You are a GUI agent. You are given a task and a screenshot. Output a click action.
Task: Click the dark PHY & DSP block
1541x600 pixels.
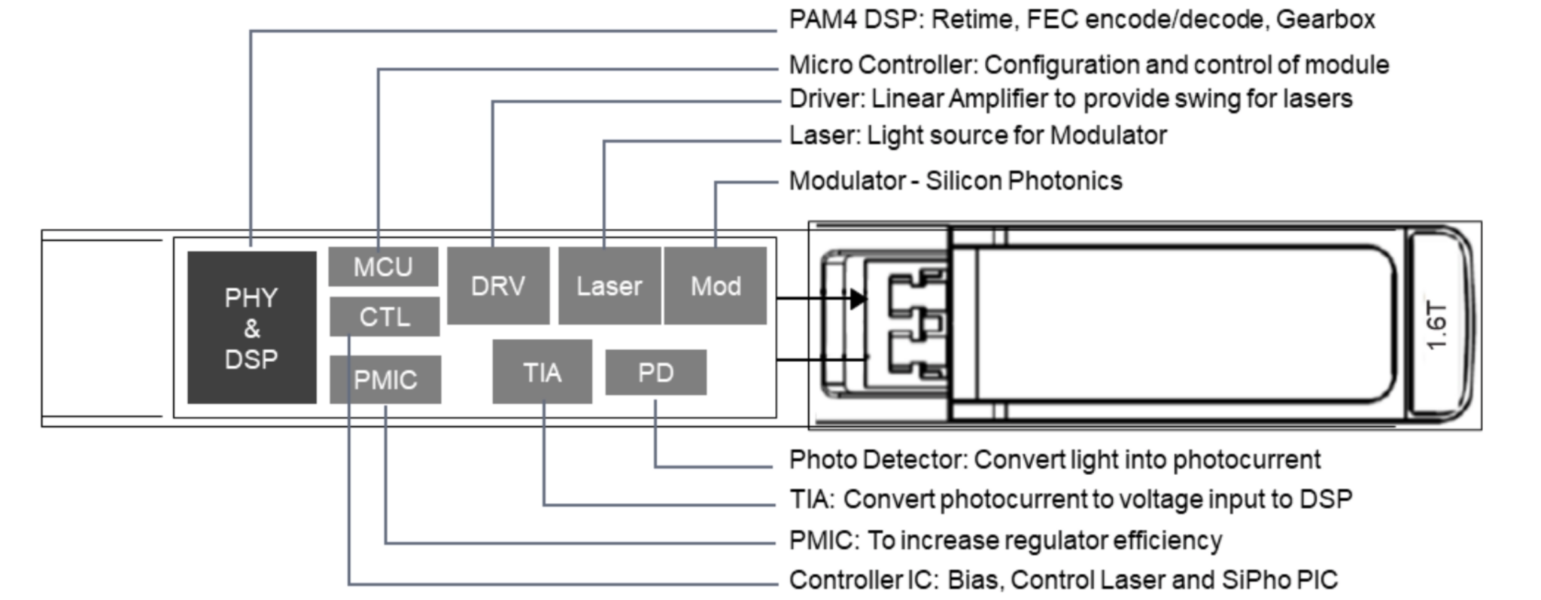tap(251, 327)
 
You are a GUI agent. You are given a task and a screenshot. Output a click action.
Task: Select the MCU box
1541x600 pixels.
tap(383, 266)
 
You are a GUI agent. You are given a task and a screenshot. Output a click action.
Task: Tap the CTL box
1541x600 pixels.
tap(384, 316)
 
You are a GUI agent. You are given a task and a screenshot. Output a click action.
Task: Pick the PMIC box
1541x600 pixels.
tap(385, 379)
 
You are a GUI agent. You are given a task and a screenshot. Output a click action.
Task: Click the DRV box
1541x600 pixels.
tap(498, 286)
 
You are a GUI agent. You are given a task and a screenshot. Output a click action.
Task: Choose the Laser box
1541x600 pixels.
tap(609, 286)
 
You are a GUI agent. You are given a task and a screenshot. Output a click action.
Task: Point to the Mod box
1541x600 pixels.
tap(716, 286)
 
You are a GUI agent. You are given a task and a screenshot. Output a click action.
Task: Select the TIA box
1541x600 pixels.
tap(542, 372)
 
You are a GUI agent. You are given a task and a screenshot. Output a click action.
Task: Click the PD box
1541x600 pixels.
tap(655, 372)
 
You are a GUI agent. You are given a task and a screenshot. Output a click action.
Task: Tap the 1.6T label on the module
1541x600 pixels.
tap(1436, 326)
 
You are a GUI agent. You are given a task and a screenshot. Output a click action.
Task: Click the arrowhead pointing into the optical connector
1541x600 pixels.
tap(858, 299)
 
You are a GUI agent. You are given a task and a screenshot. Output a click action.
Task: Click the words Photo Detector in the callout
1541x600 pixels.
tap(877, 459)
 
